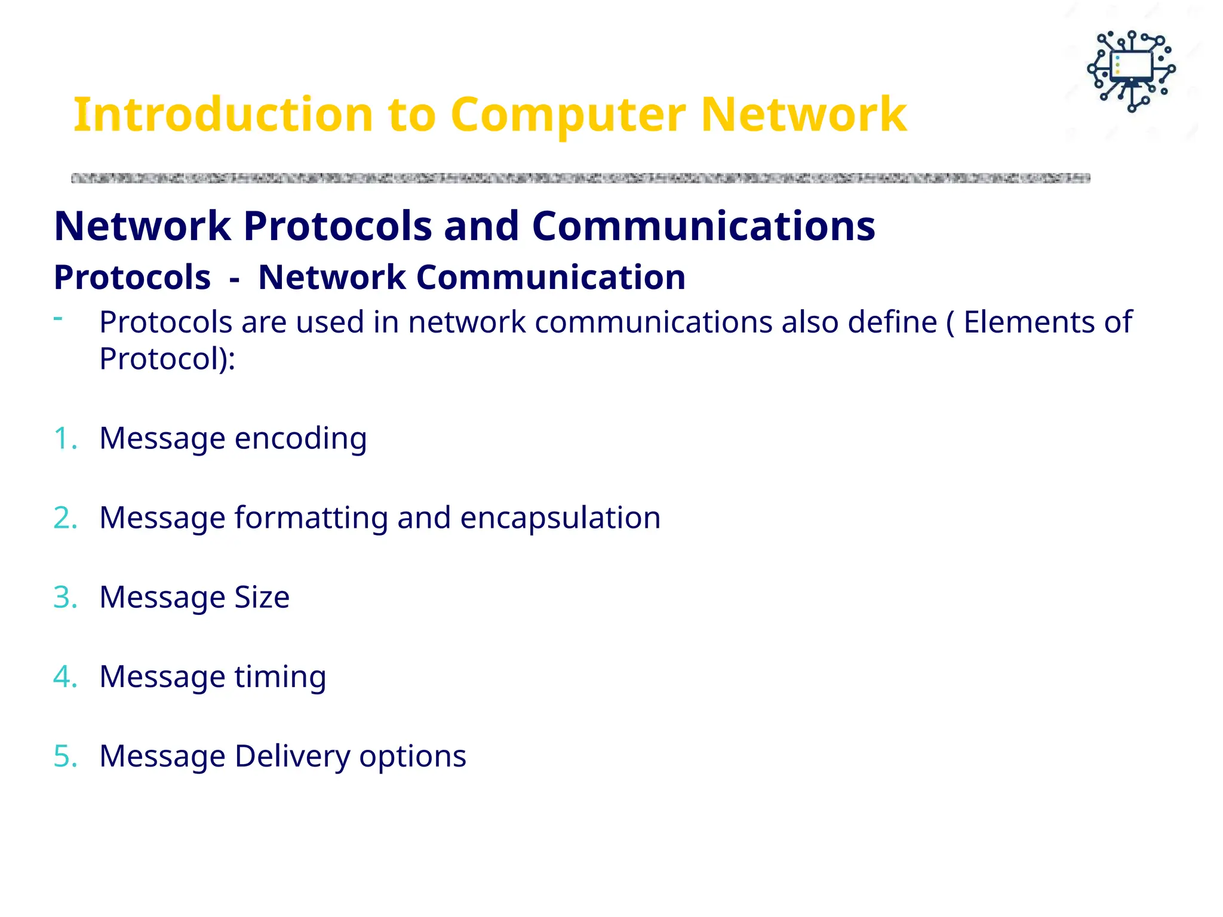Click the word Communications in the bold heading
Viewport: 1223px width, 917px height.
point(703,226)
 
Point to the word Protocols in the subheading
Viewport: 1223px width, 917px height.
point(132,278)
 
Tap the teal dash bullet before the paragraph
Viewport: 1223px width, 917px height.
point(58,318)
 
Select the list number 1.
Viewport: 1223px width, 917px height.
point(64,438)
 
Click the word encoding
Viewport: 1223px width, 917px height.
point(300,439)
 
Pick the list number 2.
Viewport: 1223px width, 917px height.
point(64,518)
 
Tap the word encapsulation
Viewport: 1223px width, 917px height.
point(560,518)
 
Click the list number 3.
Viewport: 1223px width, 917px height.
point(64,597)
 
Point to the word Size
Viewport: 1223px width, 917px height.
point(262,597)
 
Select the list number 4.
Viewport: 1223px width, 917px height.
point(64,676)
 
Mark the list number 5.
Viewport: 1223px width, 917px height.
point(64,756)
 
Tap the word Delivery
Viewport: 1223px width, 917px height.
point(293,756)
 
